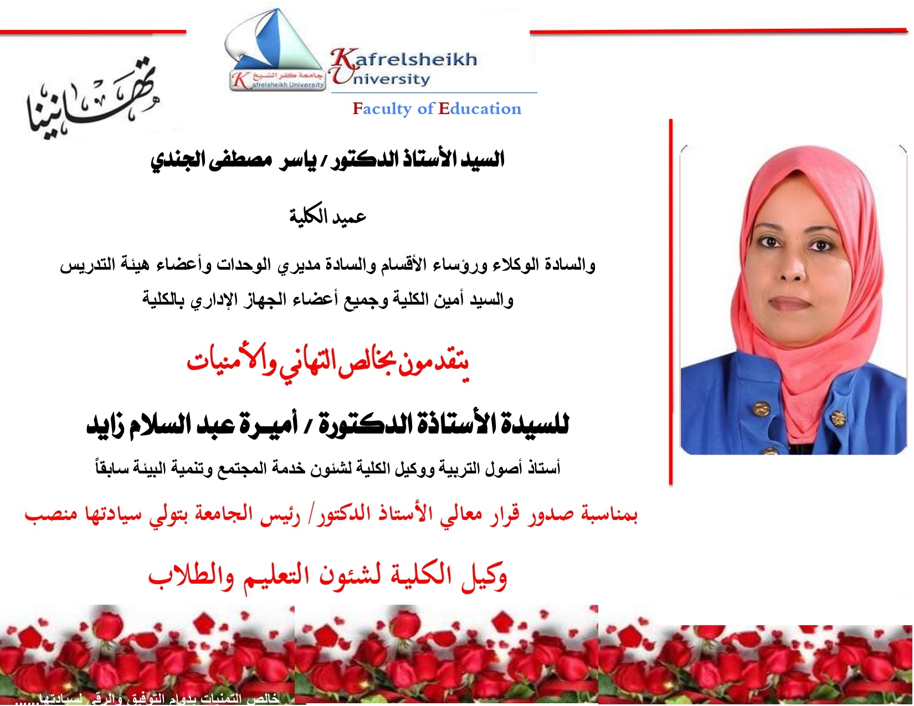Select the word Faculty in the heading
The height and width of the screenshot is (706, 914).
pos(382,109)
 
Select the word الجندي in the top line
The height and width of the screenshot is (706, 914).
pos(178,161)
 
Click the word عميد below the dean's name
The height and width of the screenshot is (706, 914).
pos(349,217)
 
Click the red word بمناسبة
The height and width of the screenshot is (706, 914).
pos(609,515)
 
